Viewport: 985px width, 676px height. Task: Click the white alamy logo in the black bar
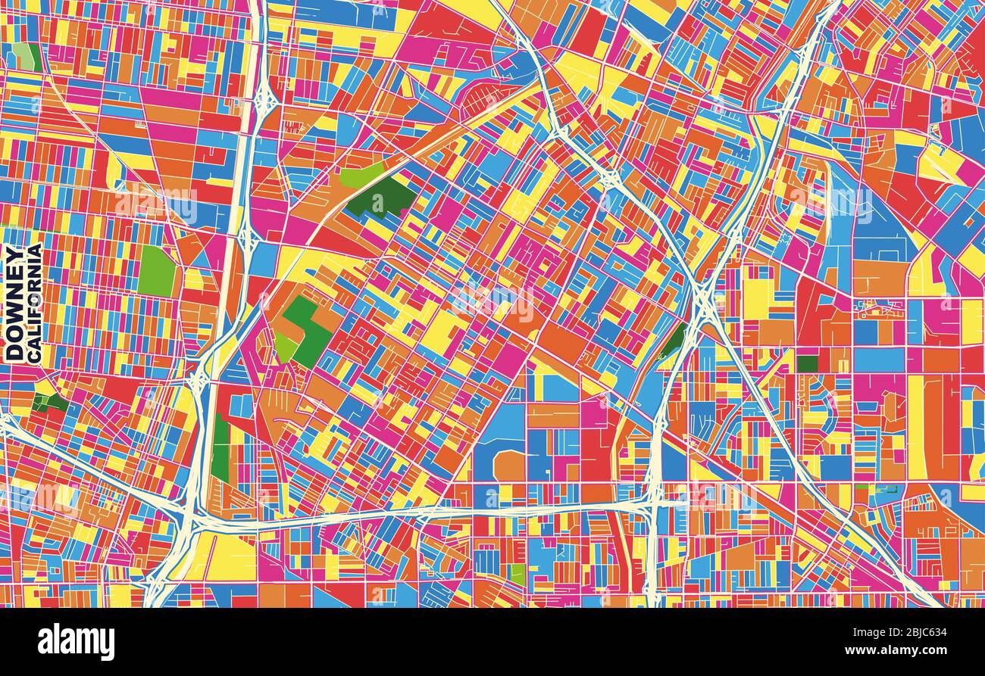76,642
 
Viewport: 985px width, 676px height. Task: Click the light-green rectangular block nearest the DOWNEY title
156,271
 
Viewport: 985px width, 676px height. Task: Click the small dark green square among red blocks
806,363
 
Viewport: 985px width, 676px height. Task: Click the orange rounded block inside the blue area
509,466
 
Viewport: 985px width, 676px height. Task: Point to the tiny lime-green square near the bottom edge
518,574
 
